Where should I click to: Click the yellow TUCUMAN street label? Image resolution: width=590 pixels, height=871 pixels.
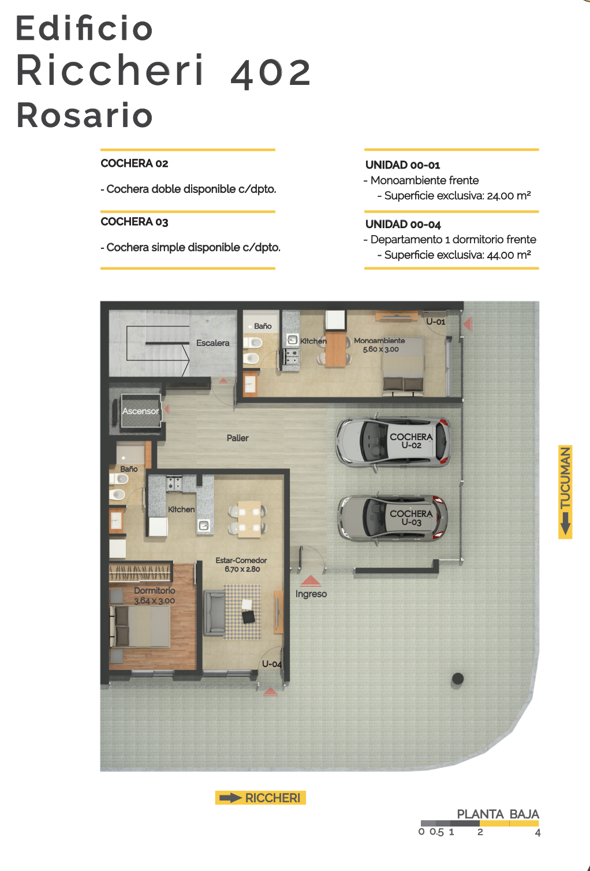565,492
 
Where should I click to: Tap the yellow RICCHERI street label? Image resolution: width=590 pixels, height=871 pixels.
260,798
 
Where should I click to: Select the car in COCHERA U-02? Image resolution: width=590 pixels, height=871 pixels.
393,442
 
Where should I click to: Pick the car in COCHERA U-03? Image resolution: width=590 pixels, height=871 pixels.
393,518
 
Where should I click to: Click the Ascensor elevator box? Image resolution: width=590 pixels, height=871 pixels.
141,411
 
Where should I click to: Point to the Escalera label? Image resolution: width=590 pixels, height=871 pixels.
212,343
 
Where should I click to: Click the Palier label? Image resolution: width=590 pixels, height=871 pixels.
237,438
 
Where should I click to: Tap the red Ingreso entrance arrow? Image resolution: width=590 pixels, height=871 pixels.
311,580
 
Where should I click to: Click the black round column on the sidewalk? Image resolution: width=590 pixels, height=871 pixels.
457,679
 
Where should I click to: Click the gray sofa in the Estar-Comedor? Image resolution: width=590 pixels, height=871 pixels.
214,613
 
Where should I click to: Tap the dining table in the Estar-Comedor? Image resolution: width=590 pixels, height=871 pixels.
249,519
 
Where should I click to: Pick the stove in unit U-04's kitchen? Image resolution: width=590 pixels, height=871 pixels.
174,483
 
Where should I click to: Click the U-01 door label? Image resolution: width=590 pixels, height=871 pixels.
436,322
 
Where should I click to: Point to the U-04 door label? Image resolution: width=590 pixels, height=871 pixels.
272,664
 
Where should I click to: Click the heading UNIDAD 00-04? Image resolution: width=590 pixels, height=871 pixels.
403,224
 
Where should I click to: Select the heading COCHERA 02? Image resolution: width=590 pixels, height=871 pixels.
135,163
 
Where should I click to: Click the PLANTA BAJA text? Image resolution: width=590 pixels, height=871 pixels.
498,814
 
